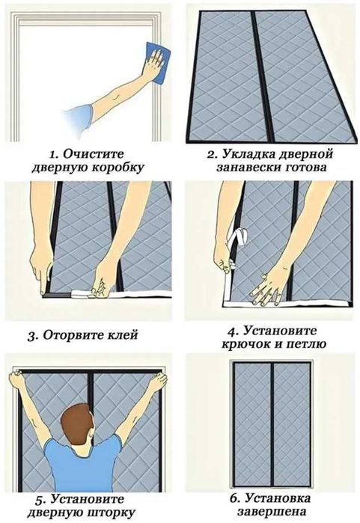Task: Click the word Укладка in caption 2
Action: pyautogui.click(x=244, y=154)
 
